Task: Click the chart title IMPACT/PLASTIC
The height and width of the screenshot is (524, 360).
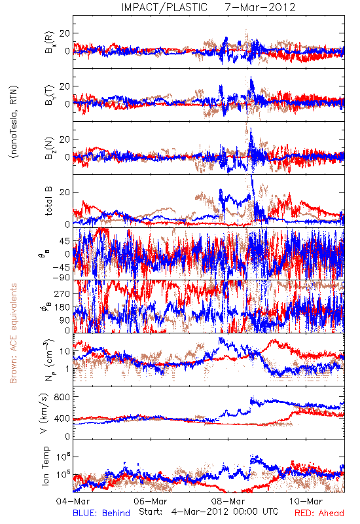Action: (x=164, y=7)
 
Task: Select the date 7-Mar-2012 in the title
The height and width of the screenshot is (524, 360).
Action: (x=260, y=7)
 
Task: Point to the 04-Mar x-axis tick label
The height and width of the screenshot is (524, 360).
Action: (x=73, y=501)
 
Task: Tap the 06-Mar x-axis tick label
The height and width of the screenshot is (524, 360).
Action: (x=151, y=501)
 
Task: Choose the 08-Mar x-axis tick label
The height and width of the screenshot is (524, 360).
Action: (x=228, y=501)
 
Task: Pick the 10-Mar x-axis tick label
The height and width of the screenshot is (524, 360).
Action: (x=306, y=501)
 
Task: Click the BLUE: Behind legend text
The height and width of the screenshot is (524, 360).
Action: (x=101, y=513)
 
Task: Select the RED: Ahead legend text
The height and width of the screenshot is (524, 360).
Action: (x=319, y=513)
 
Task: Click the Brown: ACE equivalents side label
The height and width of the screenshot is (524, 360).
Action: (x=13, y=333)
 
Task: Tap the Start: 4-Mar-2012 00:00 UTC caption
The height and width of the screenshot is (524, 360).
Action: (x=208, y=512)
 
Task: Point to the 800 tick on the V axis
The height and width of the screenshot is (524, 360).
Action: (x=62, y=397)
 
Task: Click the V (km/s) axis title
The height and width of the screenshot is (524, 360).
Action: (x=45, y=413)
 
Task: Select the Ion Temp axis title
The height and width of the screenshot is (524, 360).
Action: (x=46, y=466)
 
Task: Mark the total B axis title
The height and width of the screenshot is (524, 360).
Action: (x=48, y=201)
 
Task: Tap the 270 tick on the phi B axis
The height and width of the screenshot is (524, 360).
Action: (x=62, y=293)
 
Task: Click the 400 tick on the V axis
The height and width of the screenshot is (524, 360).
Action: (x=62, y=419)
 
